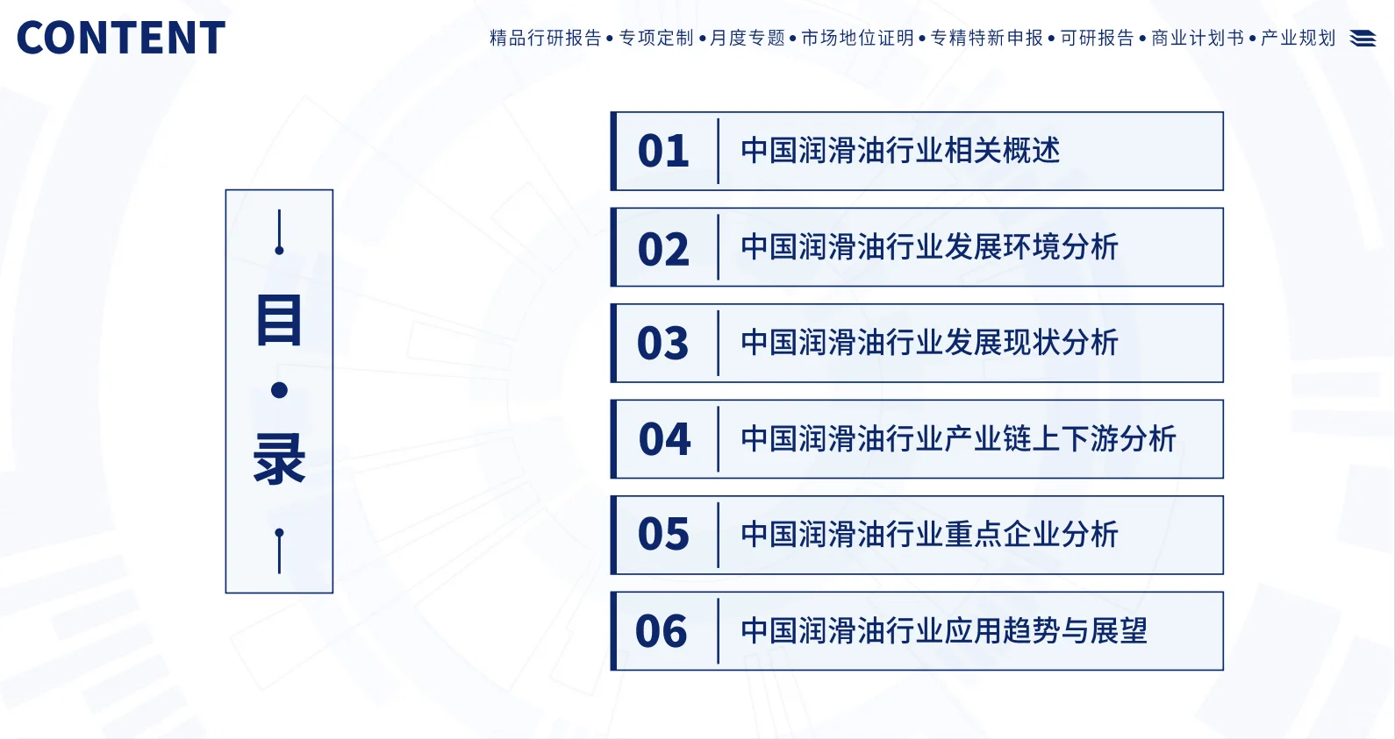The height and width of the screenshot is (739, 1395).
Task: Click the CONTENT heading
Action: coord(121,39)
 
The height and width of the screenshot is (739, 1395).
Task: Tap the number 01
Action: coord(663,152)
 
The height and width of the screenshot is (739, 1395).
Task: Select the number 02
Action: coord(663,249)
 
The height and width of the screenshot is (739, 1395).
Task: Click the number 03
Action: coord(663,344)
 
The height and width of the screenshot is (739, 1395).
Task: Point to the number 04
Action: coord(664,439)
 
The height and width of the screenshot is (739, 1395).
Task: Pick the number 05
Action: coord(663,535)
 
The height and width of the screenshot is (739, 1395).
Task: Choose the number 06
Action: coord(662,631)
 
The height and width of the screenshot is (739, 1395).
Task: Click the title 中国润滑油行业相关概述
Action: coord(900,151)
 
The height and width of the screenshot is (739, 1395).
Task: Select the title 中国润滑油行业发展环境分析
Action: coord(929,247)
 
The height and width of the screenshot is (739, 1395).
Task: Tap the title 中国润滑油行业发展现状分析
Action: coord(929,343)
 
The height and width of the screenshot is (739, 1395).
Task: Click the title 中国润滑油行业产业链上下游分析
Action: coord(958,438)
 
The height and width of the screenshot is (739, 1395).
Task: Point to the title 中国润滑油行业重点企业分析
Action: coord(929,535)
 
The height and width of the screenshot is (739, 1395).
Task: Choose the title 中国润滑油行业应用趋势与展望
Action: coord(944,630)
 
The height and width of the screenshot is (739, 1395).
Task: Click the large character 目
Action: coord(279,320)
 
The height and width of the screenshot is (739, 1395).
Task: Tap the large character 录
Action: coord(279,458)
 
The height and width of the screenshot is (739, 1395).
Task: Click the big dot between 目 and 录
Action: coord(279,390)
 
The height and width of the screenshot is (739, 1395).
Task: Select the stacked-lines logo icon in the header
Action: coord(1363,39)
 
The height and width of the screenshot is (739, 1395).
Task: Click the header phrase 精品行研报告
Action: coord(545,38)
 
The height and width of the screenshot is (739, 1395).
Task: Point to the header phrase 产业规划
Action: coord(1298,38)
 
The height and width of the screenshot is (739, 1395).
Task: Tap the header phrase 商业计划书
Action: coord(1198,38)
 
